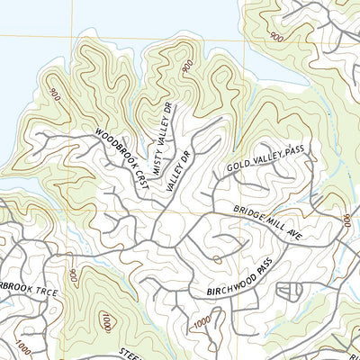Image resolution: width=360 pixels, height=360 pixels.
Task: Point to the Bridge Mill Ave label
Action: tap(266, 222)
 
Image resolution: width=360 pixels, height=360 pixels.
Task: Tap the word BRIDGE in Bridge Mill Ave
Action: tap(248, 215)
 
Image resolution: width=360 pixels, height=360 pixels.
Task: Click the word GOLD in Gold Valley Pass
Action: tap(237, 167)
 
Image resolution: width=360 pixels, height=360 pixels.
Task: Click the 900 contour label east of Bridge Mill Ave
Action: tap(346, 220)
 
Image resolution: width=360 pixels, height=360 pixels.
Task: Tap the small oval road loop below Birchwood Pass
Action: tap(290, 292)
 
